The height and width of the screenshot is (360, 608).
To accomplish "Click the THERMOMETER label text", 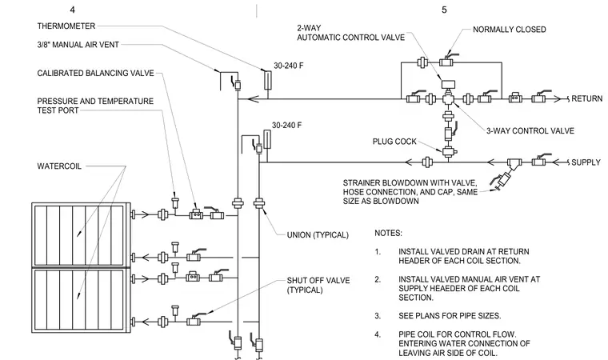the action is point(66,26).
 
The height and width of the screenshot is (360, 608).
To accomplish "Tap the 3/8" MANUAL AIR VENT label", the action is point(78,45).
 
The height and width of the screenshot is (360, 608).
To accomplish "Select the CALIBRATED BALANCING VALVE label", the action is point(95,73).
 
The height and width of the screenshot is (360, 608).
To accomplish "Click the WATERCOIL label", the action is point(59,166).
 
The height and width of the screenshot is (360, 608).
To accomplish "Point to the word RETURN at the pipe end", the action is point(586,98).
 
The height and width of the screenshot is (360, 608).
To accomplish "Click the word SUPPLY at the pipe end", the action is point(586,162).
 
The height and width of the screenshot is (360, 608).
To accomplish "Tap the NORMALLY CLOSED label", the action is point(509,30).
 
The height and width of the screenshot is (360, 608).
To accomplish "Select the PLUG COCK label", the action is point(394,142).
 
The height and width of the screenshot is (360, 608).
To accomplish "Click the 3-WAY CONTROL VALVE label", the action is point(530,130).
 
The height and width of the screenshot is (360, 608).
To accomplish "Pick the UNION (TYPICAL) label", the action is point(318,235).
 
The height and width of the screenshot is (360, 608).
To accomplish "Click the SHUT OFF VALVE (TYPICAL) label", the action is point(318,285).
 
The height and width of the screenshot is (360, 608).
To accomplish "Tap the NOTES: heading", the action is point(388,233).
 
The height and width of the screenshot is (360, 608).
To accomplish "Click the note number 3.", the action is point(378,316).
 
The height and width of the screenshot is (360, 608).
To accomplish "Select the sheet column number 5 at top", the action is point(444,10).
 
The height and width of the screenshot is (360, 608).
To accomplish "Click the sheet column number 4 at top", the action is point(73,10).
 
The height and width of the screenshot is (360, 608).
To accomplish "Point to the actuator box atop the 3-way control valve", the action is point(448,84).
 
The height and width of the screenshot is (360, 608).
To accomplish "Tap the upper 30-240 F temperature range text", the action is point(289,66).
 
